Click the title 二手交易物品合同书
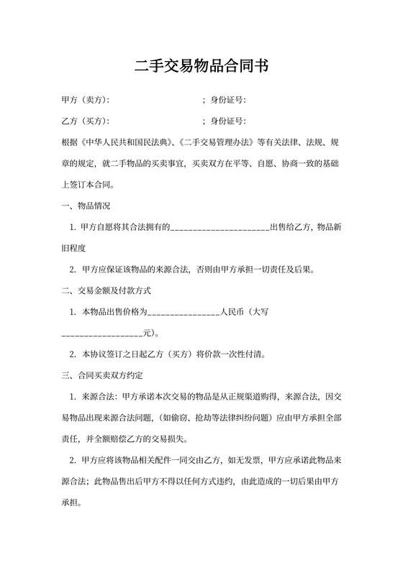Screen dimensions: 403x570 click(201, 67)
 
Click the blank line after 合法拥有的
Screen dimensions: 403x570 click(220, 228)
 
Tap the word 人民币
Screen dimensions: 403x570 click(232, 313)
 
